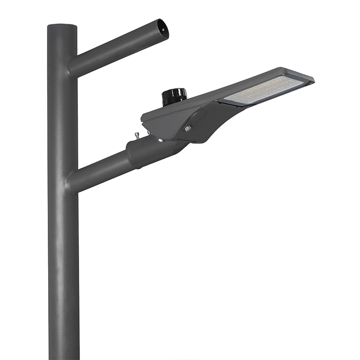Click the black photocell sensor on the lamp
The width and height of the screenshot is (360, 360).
click(x=174, y=96)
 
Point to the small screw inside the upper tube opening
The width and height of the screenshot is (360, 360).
click(x=163, y=30)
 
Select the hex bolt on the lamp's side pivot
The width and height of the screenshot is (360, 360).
click(x=188, y=128)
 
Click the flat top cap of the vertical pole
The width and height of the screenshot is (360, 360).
click(x=62, y=26)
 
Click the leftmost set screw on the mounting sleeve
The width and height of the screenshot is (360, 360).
click(x=136, y=135)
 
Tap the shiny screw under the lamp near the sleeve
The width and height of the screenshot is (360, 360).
click(x=160, y=140)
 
